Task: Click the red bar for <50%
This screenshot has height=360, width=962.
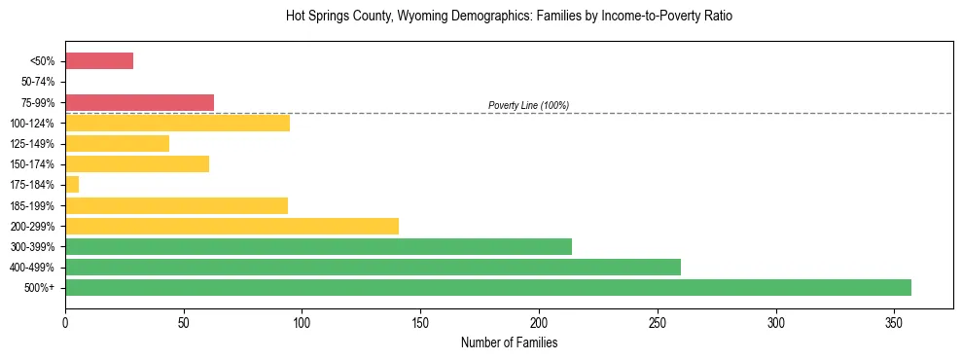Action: [99, 61]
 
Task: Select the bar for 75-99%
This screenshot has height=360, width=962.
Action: [139, 102]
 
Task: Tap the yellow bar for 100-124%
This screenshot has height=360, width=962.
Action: [177, 123]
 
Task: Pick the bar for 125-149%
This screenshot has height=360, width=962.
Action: [117, 143]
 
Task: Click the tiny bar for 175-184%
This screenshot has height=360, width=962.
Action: [72, 185]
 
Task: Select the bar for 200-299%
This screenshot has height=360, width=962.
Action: [232, 226]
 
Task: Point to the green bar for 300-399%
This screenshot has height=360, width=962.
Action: [318, 246]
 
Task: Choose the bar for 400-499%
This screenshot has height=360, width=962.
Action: [373, 267]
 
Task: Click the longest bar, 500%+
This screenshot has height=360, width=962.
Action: [488, 287]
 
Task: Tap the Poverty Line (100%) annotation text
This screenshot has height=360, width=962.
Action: [528, 105]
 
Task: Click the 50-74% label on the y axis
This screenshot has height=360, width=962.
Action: [37, 82]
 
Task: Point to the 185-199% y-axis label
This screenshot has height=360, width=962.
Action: [34, 205]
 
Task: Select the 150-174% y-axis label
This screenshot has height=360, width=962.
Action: [34, 164]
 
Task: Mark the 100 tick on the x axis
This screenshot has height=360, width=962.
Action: [302, 320]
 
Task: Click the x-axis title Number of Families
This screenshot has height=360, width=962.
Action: [509, 342]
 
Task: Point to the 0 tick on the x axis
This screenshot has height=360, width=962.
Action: [65, 320]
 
